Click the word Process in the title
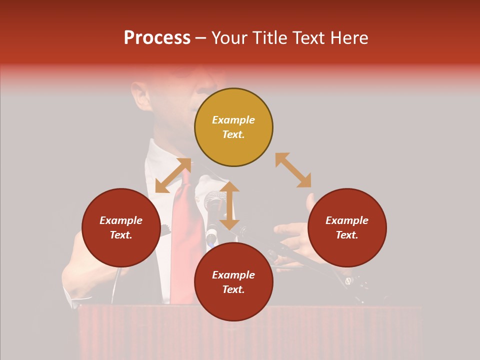(x=157, y=38)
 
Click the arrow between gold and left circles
(x=173, y=175)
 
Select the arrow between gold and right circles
(x=293, y=170)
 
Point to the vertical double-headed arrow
(x=229, y=205)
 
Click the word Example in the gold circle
(x=233, y=120)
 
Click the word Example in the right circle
(x=347, y=220)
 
